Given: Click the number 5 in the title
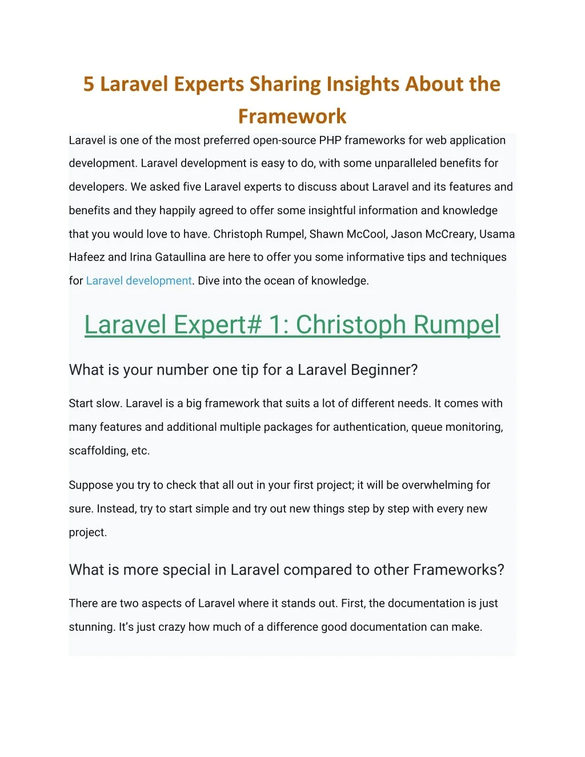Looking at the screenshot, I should coord(89,84).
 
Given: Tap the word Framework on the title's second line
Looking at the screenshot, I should coord(292,117).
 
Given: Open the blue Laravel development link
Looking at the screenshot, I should coord(139,281).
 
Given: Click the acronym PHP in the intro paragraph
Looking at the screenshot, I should coord(330,141).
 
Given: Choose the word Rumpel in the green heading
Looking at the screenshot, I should coord(456,325).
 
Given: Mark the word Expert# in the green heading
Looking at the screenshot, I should coord(218,325).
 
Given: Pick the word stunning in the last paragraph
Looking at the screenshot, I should coord(91,627).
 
